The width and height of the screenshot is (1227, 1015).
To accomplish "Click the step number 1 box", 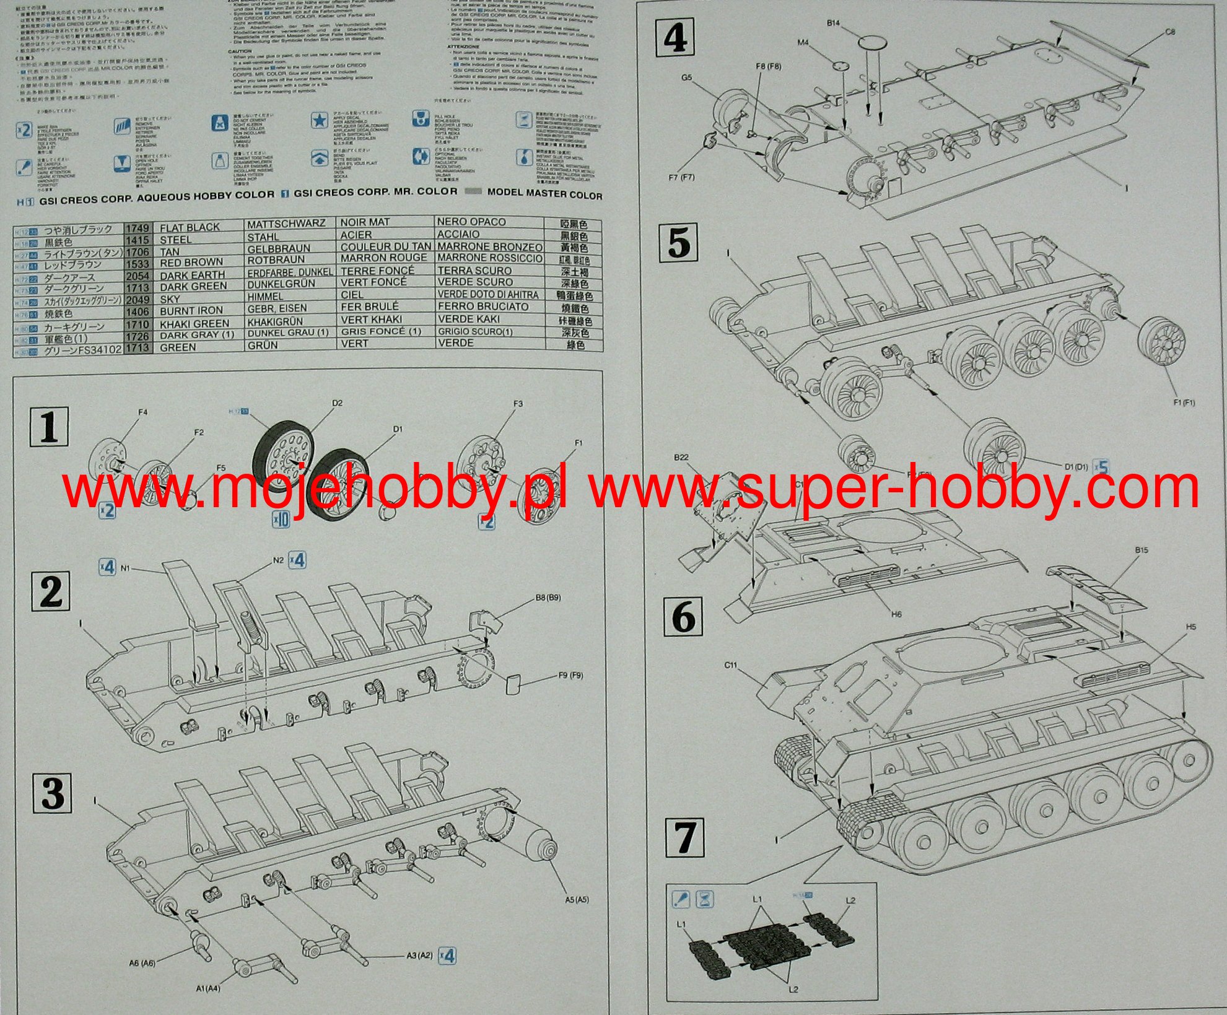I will [50, 427].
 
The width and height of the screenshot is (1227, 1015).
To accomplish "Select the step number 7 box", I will [684, 837].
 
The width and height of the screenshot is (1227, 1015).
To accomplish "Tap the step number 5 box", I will [678, 242].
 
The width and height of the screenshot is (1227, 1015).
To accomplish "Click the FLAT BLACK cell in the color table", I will [190, 227].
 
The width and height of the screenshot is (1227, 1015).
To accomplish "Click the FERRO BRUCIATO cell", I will [483, 307].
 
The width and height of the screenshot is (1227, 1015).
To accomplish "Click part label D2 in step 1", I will [337, 403].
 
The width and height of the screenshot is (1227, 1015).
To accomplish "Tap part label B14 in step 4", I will [833, 23].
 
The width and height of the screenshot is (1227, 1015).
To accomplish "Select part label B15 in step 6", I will [1142, 550].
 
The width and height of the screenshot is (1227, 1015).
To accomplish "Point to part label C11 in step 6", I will [730, 666].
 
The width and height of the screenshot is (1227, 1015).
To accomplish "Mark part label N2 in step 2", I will [278, 560].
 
